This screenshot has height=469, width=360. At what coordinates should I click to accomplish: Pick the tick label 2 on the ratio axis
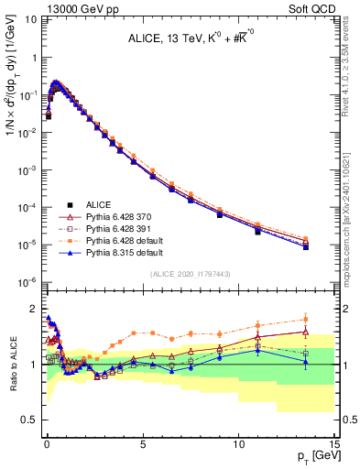point(34,308)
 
